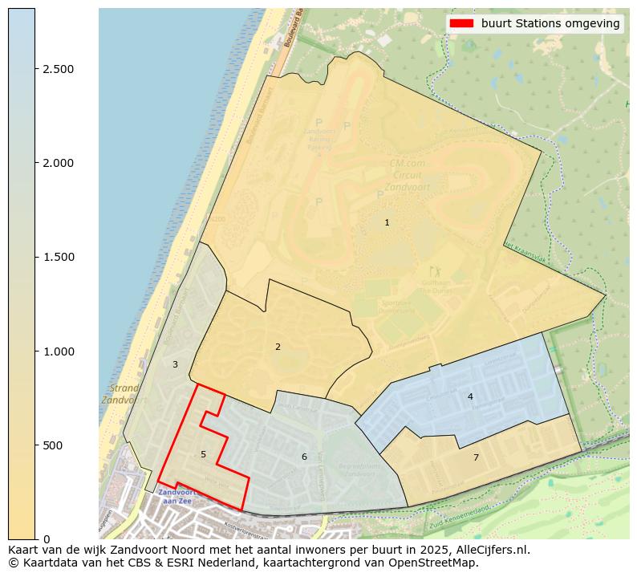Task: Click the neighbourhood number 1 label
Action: tap(387, 222)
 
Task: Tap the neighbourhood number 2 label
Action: tap(278, 347)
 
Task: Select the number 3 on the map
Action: tap(175, 364)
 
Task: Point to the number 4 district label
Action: tap(470, 396)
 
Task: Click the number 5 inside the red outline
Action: tap(203, 454)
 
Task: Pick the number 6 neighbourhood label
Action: tap(304, 457)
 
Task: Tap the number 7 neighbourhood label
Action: tap(476, 457)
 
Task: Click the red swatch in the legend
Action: tap(462, 23)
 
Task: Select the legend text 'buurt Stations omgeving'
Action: tap(550, 23)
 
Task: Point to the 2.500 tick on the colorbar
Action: tap(58, 69)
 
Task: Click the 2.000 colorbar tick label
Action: tap(58, 163)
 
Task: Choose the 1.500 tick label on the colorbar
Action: tap(58, 257)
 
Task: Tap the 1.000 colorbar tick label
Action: tap(58, 351)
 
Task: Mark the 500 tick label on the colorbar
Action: tap(54, 445)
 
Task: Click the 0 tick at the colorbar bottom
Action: tap(47, 539)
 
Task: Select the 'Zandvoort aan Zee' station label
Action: tap(175, 496)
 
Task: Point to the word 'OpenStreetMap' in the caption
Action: tap(439, 563)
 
